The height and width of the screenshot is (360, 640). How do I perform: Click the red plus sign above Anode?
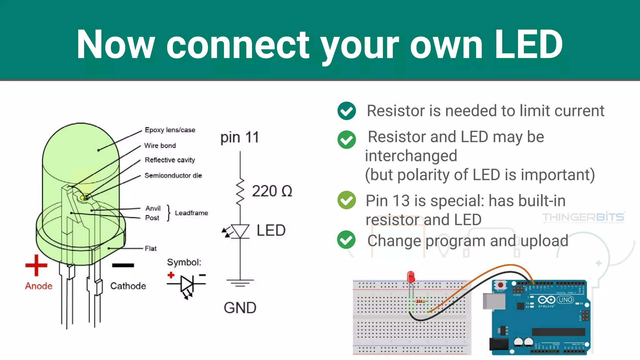click(x=36, y=265)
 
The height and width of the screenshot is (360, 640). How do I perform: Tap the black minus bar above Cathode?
click(x=123, y=265)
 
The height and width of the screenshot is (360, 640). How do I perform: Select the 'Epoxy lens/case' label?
click(x=170, y=130)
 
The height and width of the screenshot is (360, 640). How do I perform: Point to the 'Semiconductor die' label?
click(x=173, y=176)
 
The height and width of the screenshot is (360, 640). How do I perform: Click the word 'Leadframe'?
click(x=191, y=213)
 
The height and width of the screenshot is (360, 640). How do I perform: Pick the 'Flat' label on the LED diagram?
click(x=150, y=249)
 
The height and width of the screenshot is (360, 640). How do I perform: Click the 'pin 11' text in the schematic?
click(x=239, y=137)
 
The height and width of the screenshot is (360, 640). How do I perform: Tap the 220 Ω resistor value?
click(x=272, y=191)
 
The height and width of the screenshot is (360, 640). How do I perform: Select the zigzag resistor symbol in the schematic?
click(x=240, y=192)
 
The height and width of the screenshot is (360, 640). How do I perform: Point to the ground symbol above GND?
click(x=240, y=283)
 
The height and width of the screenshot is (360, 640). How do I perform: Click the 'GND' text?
click(x=240, y=308)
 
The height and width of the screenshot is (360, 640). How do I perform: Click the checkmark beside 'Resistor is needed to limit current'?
click(x=347, y=111)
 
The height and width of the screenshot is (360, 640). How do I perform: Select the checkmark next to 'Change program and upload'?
click(x=346, y=240)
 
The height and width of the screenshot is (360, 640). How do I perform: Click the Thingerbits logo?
click(x=583, y=217)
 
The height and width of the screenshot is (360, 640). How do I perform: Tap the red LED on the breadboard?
click(x=411, y=277)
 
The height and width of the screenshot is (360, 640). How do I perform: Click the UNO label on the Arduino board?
click(x=565, y=300)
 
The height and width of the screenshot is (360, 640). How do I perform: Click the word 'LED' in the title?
click(x=528, y=44)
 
